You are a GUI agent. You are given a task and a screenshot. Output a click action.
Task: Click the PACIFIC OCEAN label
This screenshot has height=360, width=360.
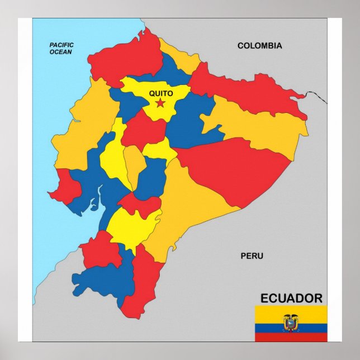point(61,48)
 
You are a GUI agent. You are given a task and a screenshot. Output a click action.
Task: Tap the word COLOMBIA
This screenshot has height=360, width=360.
point(259,46)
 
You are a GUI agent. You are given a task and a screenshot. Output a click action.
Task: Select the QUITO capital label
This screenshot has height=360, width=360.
point(160,93)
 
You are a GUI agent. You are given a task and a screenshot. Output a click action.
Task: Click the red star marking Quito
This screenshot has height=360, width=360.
point(160,103)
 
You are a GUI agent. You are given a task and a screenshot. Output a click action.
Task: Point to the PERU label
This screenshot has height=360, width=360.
point(252,256)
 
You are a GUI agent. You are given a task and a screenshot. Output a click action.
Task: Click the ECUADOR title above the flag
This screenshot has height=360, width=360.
point(291,298)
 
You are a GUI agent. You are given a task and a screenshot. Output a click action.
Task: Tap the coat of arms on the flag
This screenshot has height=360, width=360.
point(291,323)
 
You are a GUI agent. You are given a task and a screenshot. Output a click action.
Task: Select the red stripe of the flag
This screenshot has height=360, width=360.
point(291,337)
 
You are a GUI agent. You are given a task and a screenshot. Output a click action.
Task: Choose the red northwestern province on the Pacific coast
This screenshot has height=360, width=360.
point(126,59)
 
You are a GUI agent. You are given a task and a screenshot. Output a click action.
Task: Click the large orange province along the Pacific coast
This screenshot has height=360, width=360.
point(84,129)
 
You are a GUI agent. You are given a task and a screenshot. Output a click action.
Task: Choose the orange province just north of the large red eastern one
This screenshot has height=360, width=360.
point(257,123)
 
